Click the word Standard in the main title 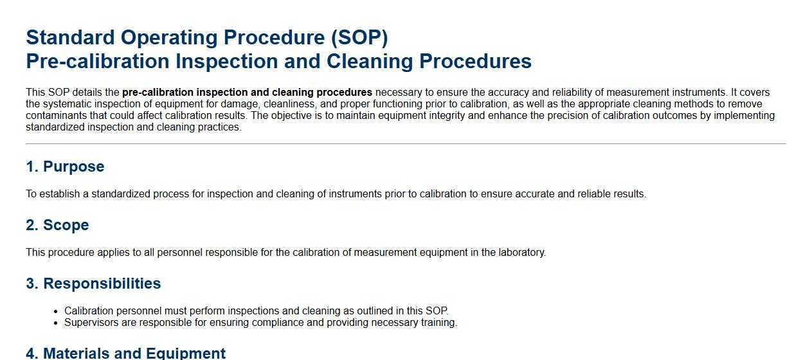pyautogui.click(x=70, y=37)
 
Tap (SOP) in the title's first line pyautogui.click(x=359, y=38)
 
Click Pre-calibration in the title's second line pyautogui.click(x=98, y=61)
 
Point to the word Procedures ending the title pyautogui.click(x=475, y=61)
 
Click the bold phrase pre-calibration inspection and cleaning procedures pyautogui.click(x=248, y=93)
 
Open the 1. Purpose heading pyautogui.click(x=65, y=166)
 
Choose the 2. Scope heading pyautogui.click(x=57, y=225)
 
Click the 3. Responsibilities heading pyautogui.click(x=93, y=283)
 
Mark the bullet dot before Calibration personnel pyautogui.click(x=55, y=311)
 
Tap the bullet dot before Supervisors pyautogui.click(x=55, y=323)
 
